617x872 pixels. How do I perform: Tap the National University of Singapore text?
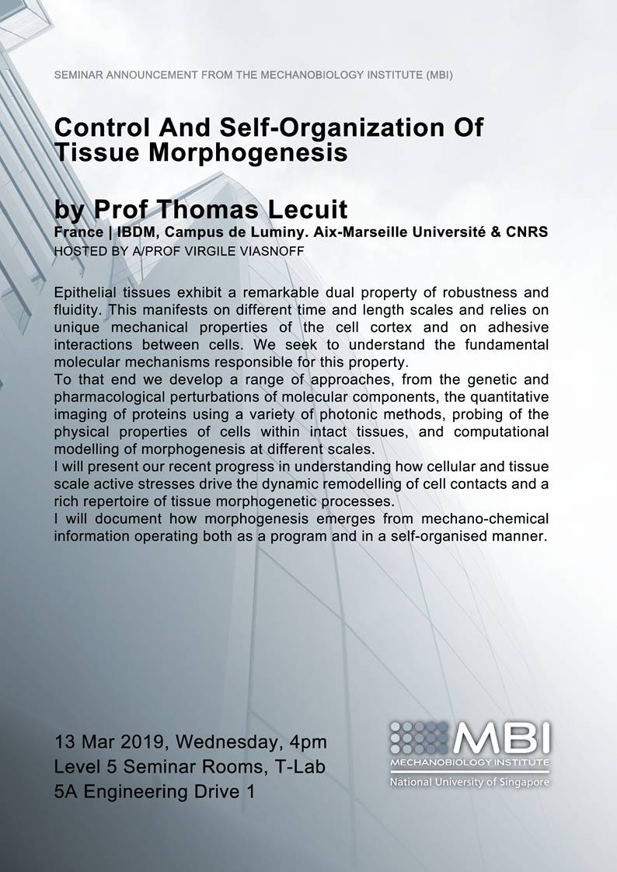click(x=469, y=781)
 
